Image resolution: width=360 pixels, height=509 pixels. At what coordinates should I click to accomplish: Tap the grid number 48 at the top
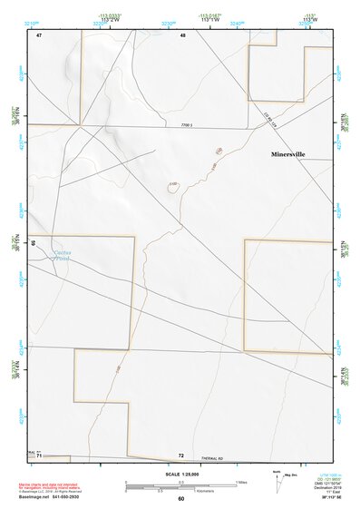pyautogui.click(x=182, y=34)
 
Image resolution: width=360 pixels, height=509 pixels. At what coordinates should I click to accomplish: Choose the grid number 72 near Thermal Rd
pyautogui.click(x=181, y=455)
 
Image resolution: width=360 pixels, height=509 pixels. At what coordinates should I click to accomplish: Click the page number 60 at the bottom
pyautogui.click(x=180, y=499)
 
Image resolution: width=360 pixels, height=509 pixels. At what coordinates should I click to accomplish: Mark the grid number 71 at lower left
pyautogui.click(x=40, y=456)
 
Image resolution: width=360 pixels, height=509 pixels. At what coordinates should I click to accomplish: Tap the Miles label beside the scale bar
pyautogui.click(x=241, y=481)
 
